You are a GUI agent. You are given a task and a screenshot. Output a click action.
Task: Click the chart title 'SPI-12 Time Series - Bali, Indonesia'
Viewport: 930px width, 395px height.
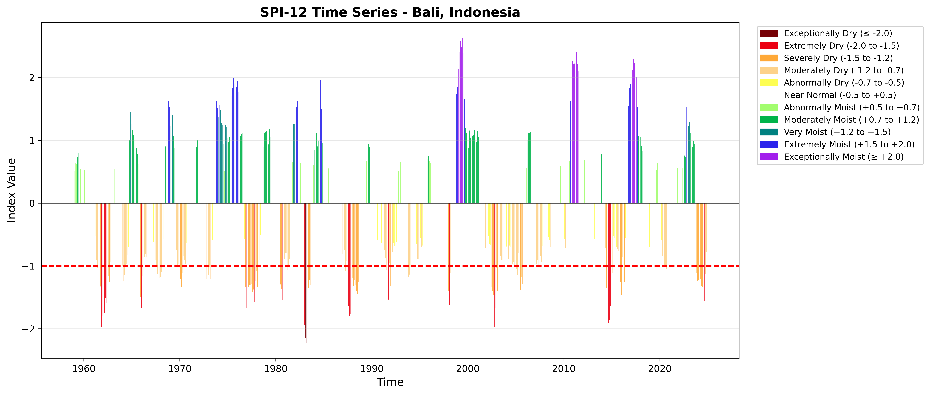click(390, 13)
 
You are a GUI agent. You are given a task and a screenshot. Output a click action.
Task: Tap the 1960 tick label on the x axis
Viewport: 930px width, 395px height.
click(84, 369)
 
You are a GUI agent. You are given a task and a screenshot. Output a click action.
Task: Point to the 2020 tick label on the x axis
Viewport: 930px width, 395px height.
click(660, 369)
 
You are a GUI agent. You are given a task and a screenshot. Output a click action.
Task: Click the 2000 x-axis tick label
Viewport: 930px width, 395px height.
click(468, 369)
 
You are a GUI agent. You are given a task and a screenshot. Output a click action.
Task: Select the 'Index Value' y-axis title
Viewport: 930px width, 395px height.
click(12, 190)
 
